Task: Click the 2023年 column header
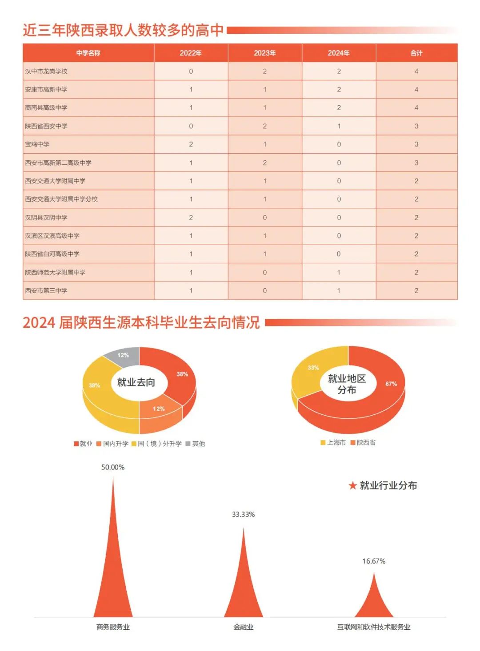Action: tap(265, 53)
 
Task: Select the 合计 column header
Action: tap(416, 53)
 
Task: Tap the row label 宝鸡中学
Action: tap(37, 144)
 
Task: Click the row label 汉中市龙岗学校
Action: tap(46, 71)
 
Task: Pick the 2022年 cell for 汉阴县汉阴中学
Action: tap(191, 218)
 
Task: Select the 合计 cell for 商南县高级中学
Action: tap(416, 107)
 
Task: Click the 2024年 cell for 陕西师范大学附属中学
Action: tap(339, 272)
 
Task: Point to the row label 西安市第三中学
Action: tap(46, 290)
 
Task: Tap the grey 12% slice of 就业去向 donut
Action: tap(123, 355)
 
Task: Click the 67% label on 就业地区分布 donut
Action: tap(391, 384)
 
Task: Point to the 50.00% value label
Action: tap(113, 467)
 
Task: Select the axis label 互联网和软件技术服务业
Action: tap(374, 627)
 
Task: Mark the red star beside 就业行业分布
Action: tap(353, 485)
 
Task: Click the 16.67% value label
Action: tap(374, 561)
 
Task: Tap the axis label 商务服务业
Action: tap(113, 627)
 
